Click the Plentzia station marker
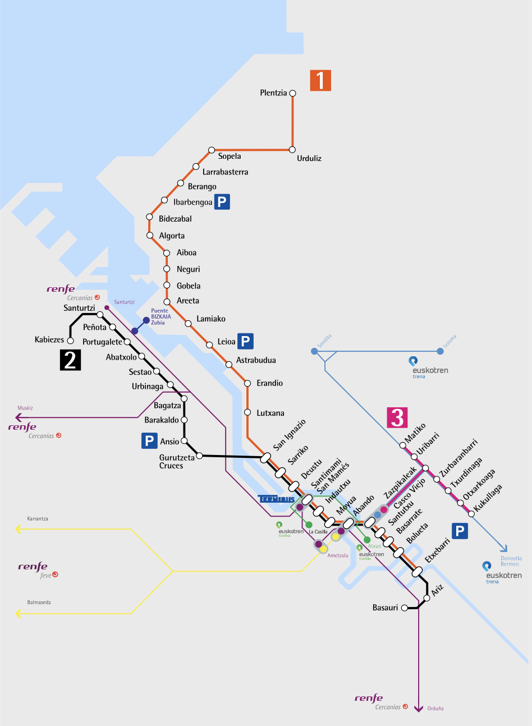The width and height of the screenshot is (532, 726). [x=292, y=93]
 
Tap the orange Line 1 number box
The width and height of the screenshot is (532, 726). [x=320, y=80]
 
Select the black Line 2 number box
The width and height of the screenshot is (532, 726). [x=71, y=360]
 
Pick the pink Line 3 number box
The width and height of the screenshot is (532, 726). [x=397, y=417]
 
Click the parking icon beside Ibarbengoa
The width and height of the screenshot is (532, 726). [x=222, y=202]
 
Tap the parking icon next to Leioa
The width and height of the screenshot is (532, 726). [x=245, y=341]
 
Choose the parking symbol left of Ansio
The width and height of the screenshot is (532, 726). [x=149, y=441]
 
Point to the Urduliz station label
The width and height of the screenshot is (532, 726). [x=309, y=158]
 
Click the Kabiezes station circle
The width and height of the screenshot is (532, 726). [x=70, y=341]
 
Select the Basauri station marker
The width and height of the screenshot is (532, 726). [x=403, y=608]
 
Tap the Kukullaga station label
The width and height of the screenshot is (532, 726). [x=488, y=498]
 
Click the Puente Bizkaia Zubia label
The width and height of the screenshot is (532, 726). [x=160, y=317]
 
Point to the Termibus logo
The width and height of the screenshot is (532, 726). [x=276, y=499]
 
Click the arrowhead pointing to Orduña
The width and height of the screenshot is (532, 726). [x=418, y=709]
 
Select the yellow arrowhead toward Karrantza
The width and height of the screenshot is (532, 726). [x=19, y=529]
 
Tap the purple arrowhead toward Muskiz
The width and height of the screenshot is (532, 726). [x=19, y=417]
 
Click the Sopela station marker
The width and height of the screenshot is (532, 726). [x=212, y=150]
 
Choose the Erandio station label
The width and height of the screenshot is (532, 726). [x=269, y=383]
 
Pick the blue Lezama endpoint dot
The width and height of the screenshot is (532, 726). [x=440, y=351]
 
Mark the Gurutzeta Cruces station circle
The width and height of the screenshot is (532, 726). [x=199, y=456]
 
